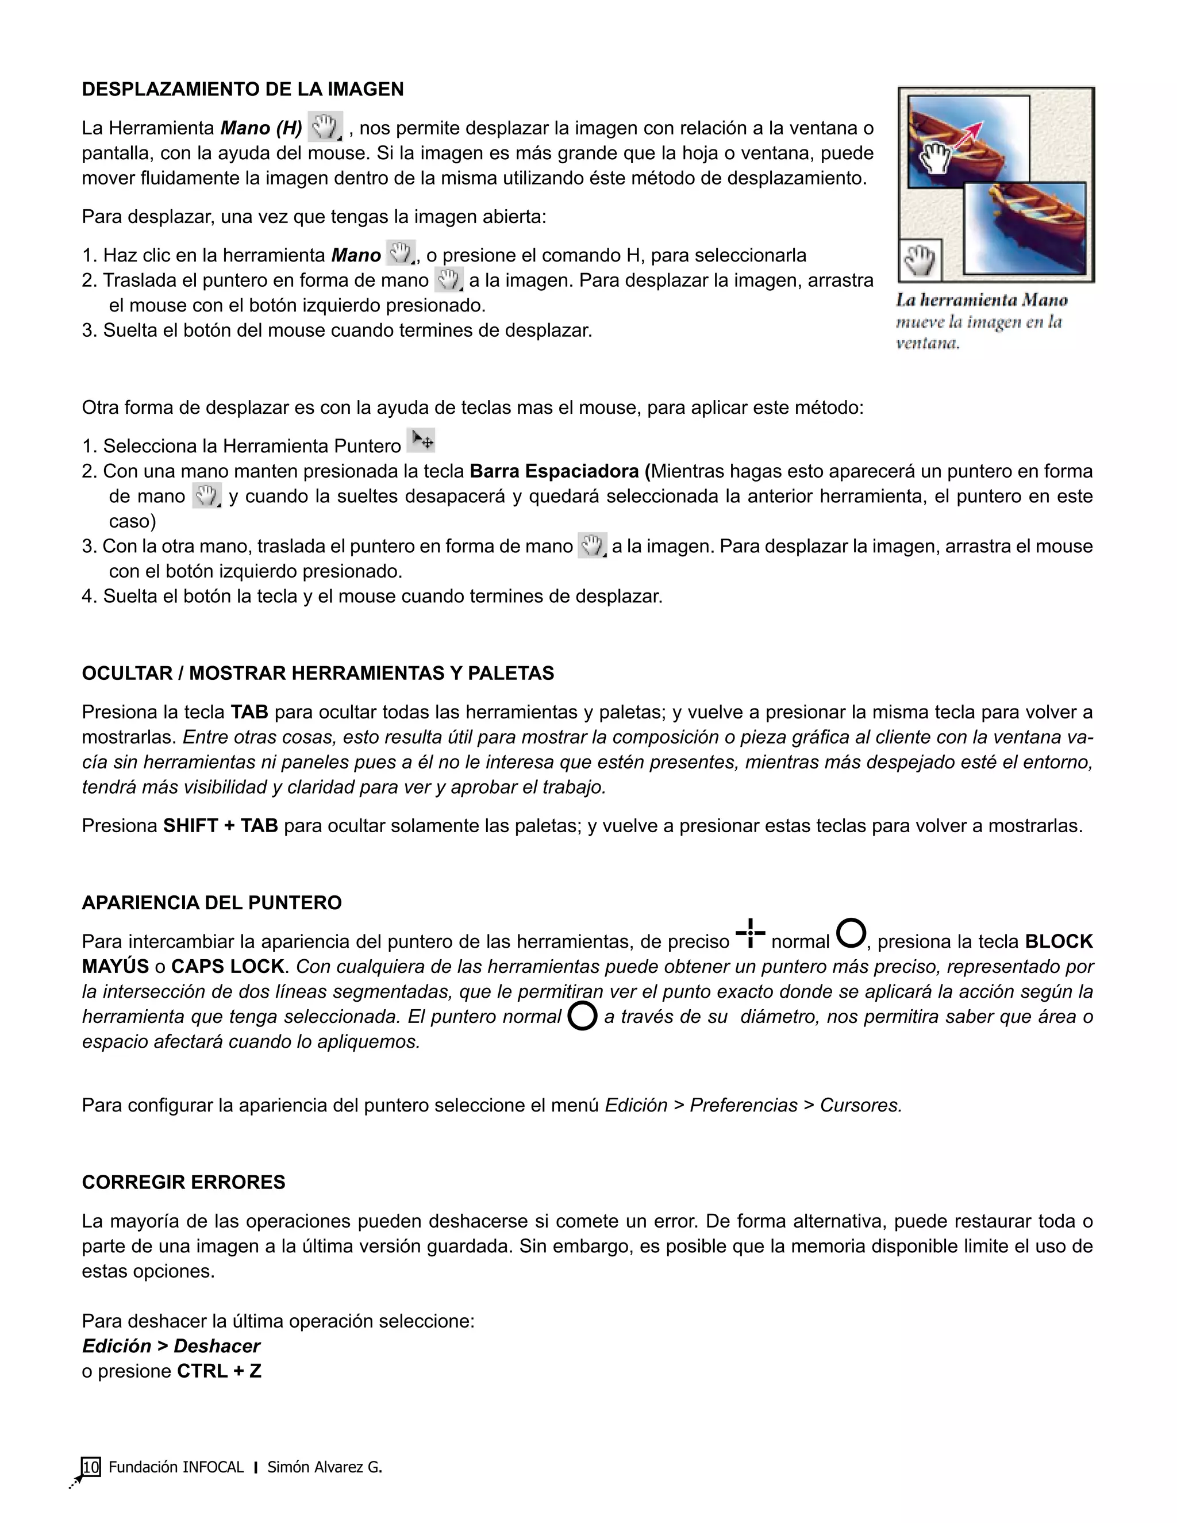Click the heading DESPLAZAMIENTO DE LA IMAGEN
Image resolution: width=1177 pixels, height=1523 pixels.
[243, 89]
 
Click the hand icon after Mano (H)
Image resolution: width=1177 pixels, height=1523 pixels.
[325, 127]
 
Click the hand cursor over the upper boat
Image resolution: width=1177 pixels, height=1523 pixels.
[934, 156]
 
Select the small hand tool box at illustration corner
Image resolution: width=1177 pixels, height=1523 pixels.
[920, 260]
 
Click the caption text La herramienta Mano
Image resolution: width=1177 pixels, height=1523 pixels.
[981, 301]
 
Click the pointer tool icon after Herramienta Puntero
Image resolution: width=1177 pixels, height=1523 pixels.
[421, 441]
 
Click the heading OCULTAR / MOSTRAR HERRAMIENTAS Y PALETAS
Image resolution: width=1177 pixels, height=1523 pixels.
[318, 673]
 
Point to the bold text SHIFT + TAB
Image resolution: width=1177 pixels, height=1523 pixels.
[220, 826]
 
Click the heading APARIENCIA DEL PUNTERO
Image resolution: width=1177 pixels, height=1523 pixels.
[212, 902]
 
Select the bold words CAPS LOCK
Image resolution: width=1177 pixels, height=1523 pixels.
[228, 967]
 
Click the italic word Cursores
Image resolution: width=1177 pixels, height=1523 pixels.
[860, 1105]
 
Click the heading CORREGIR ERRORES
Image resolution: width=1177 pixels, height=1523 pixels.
[183, 1182]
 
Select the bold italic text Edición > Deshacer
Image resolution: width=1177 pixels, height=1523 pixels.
[171, 1346]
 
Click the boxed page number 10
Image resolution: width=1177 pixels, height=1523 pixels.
[91, 1467]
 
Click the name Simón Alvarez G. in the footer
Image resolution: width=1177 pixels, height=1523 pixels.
[324, 1467]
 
